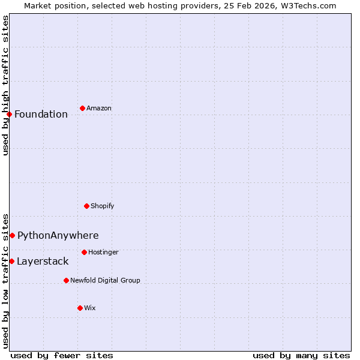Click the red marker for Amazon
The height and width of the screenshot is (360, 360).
pos(82,108)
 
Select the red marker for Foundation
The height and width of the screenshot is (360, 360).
pos(9,114)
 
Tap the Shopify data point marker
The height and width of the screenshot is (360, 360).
pos(86,206)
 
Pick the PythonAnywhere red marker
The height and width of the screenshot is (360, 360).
pos(12,235)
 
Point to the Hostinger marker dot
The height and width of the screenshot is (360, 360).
pos(84,252)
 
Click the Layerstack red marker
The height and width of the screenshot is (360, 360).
pos(11,261)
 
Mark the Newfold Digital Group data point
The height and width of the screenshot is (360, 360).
pos(66,280)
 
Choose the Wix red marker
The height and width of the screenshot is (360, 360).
pos(80,308)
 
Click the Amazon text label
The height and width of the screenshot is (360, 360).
pos(99,109)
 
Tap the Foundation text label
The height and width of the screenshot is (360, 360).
pos(41,115)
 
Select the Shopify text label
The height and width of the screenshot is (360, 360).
pos(103,206)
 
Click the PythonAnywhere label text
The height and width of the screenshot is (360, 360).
pos(58,236)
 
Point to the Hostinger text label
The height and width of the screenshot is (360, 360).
pos(103,253)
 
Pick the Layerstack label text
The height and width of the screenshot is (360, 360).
pos(43,262)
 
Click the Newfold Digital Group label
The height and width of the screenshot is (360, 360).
pos(105,281)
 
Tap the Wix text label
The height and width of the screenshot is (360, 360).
pos(90,308)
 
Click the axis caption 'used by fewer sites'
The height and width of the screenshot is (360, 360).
pos(62,356)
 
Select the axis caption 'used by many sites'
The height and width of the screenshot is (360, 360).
pos(301,356)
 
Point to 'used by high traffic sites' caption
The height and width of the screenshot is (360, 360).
pos(6,85)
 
